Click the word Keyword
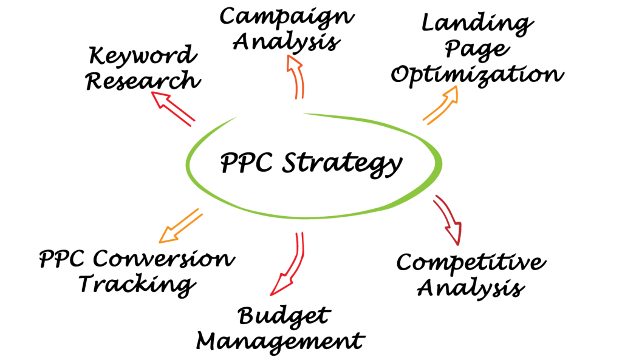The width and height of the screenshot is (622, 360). coord(143,55)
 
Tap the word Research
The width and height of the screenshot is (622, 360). coord(143,80)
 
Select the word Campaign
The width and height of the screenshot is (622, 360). coord(287,18)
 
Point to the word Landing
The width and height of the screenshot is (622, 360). coord(477,24)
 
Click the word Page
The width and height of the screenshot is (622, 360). coord(477,50)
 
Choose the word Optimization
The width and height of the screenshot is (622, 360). coord(477,75)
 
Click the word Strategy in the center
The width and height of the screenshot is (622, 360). coord(343,163)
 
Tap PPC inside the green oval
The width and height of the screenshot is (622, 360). coord(247,162)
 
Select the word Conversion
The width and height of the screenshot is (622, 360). coord(164,259)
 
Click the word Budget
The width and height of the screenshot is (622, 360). coord(284,316)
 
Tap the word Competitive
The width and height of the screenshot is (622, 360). coord(471,262)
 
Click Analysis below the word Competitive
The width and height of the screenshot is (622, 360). coord(471,287)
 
